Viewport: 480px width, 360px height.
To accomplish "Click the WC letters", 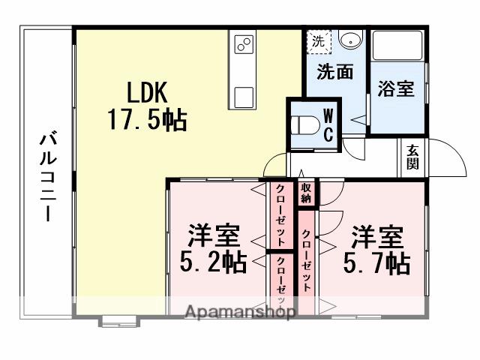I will point(329,125).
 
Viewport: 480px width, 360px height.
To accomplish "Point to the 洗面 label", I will point(334,73).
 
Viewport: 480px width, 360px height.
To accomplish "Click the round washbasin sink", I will point(349,40).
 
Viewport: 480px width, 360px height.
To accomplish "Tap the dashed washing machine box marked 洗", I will point(319,40).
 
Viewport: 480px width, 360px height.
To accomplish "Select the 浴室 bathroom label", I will point(397,88).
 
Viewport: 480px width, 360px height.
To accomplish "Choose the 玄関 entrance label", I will point(413,157).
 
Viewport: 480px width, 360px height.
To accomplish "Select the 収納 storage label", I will point(307,193).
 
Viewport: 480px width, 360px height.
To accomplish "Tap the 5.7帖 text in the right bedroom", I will point(376,263).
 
